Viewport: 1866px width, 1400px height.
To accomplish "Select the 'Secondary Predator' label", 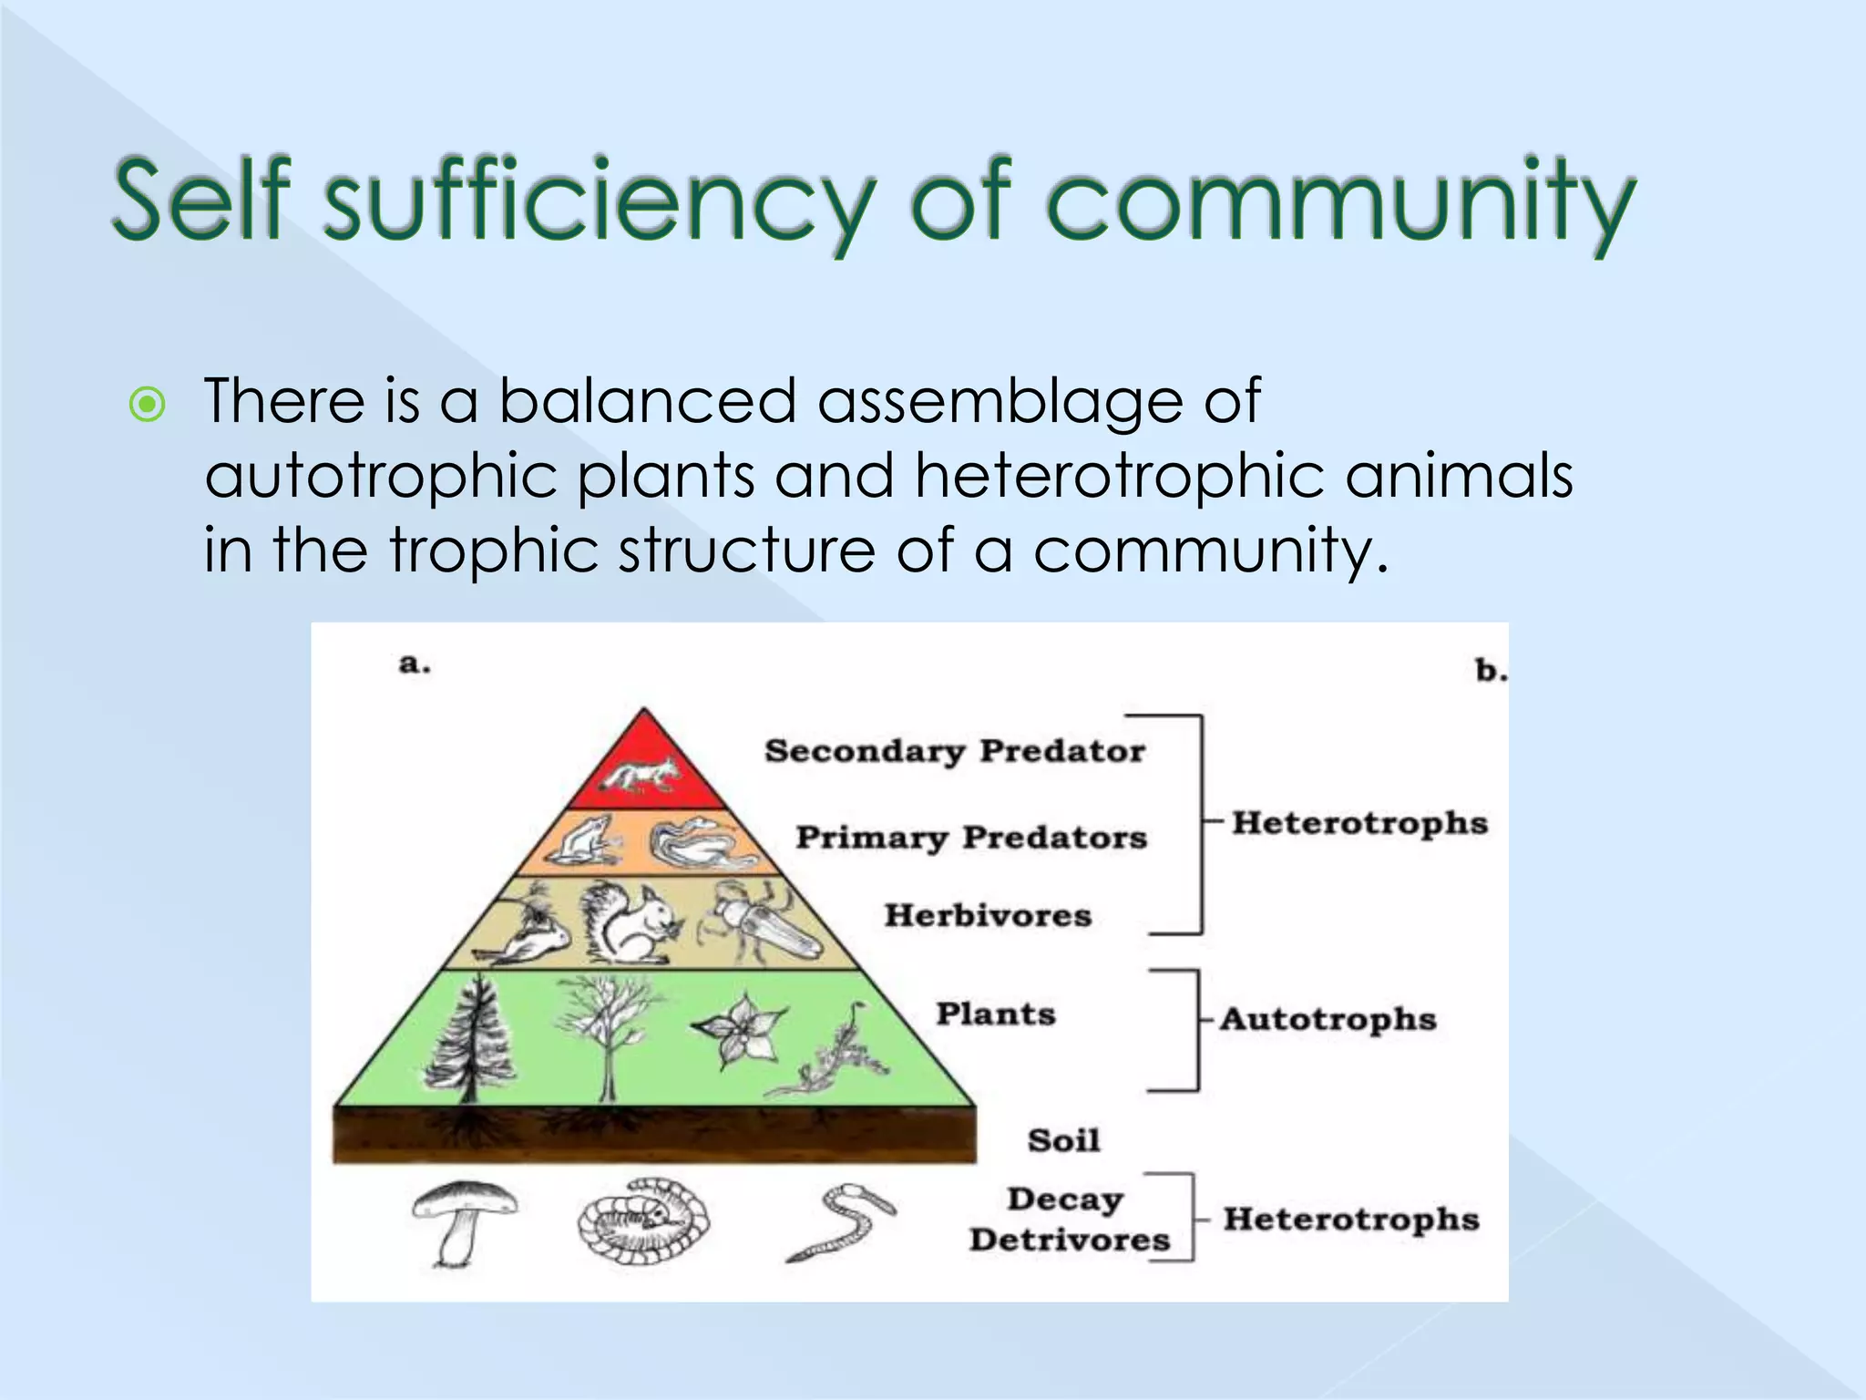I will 954,751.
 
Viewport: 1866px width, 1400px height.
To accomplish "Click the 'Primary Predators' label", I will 970,837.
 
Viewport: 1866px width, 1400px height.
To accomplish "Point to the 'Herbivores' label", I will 988,915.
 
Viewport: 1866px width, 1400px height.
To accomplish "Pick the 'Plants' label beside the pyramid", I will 996,1014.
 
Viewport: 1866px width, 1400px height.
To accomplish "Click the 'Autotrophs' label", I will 1328,1018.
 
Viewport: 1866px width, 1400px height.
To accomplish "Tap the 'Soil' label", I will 1063,1140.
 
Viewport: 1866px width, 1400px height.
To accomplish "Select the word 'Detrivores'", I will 1069,1240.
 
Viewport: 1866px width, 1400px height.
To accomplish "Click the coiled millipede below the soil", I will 643,1221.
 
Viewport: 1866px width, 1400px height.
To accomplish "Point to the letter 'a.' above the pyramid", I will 415,664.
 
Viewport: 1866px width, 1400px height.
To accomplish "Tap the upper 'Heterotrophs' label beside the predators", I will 1359,823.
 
